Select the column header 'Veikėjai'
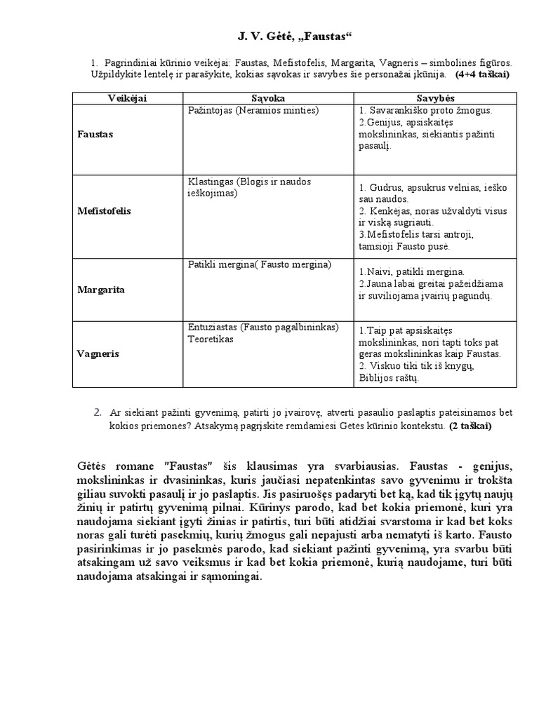(x=127, y=98)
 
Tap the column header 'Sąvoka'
(x=267, y=98)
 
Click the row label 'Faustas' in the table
(x=95, y=133)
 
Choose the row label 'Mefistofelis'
(x=105, y=210)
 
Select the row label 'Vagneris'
(x=98, y=354)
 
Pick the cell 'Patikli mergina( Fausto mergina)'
(x=259, y=264)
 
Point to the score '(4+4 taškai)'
(x=482, y=74)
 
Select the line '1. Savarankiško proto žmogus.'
(x=425, y=111)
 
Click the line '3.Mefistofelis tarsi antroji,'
(x=420, y=235)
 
